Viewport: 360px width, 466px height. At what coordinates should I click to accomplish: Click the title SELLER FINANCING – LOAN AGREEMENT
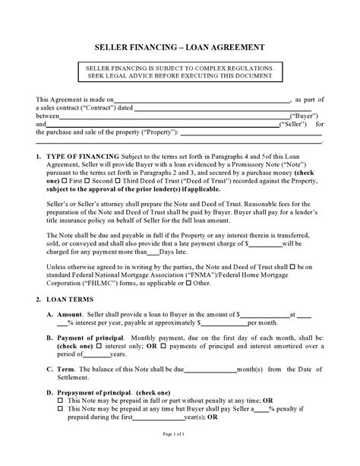click(x=179, y=48)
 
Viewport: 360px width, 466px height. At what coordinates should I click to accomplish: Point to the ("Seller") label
click(x=297, y=125)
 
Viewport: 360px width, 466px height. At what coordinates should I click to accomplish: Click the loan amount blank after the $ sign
click(x=266, y=313)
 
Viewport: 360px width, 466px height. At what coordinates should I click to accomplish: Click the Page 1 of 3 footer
click(x=179, y=454)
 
